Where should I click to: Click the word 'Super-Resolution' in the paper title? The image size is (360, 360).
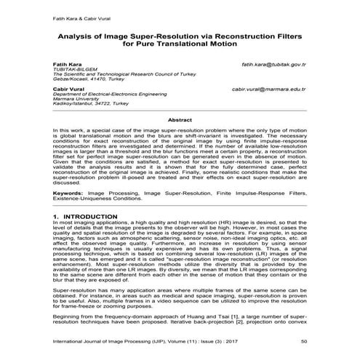(155, 33)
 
